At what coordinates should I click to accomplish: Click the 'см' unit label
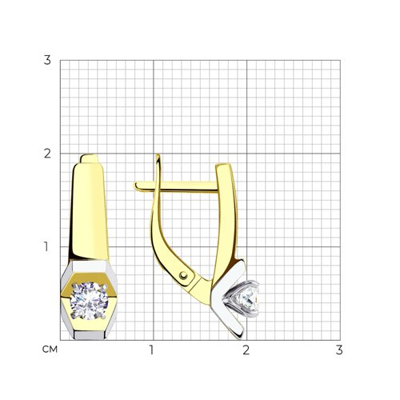[x=50, y=350]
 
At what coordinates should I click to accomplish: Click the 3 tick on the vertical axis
[x=47, y=60]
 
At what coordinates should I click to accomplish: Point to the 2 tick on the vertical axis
[x=47, y=154]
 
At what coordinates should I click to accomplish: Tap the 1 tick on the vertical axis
[x=46, y=246]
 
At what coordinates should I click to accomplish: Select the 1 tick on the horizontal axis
[x=152, y=350]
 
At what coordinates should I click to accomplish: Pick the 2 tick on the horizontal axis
[x=246, y=350]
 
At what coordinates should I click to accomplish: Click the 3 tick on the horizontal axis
[x=339, y=350]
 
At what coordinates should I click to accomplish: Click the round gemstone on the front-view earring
[x=89, y=301]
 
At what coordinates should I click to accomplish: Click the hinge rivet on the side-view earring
[x=183, y=275]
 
